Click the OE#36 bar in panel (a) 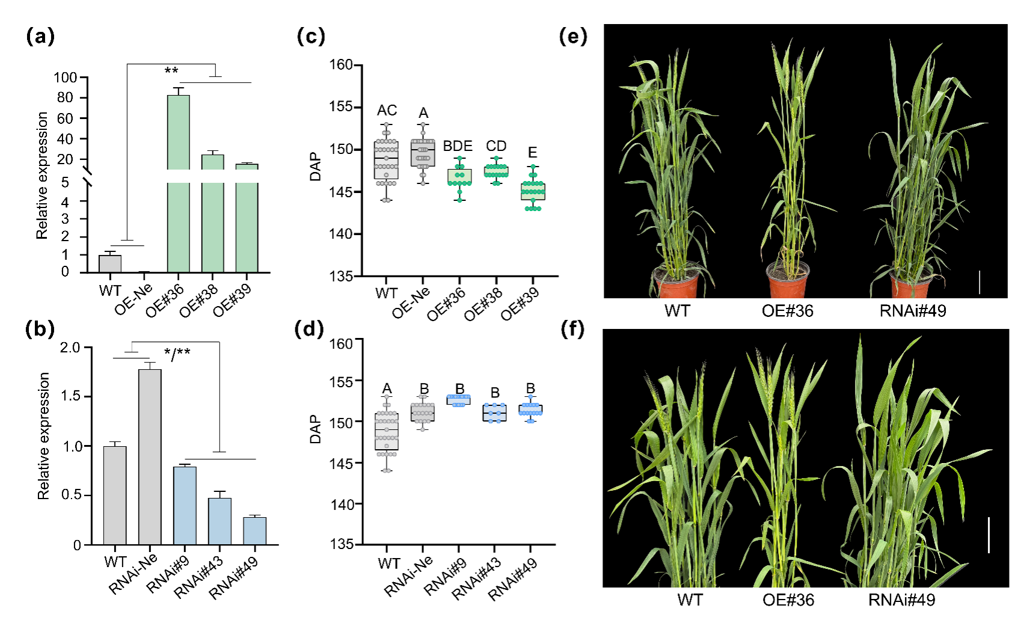click(178, 222)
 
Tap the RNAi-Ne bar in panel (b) click(150, 457)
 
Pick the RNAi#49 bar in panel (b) click(254, 530)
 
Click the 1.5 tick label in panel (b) click(71, 396)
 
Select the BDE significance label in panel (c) click(458, 146)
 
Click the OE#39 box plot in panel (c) click(533, 192)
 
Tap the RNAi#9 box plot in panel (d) click(459, 400)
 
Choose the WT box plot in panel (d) click(387, 431)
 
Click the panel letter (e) click(572, 37)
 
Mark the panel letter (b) click(40, 329)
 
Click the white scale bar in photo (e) click(979, 282)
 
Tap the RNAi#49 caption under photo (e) click(913, 311)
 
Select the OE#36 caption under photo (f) click(788, 600)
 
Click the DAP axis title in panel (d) click(315, 429)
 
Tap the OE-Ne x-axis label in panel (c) click(412, 302)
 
